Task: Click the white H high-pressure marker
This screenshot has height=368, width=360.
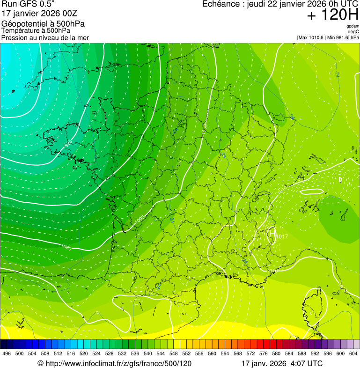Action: (x=271, y=233)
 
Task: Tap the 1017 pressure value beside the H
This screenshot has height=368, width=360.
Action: (x=282, y=237)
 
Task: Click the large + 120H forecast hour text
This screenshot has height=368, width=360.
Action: (x=332, y=15)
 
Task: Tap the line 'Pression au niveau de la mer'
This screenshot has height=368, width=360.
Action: (x=45, y=37)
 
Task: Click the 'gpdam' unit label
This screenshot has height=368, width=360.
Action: (x=353, y=26)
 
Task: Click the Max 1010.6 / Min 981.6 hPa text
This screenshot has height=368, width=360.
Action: (x=328, y=37)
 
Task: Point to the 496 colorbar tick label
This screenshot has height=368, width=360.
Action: (x=7, y=353)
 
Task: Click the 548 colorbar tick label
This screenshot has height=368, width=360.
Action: (x=173, y=353)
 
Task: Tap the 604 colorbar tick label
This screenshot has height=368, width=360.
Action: (x=353, y=353)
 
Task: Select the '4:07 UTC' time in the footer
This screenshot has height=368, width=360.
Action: (x=307, y=363)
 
